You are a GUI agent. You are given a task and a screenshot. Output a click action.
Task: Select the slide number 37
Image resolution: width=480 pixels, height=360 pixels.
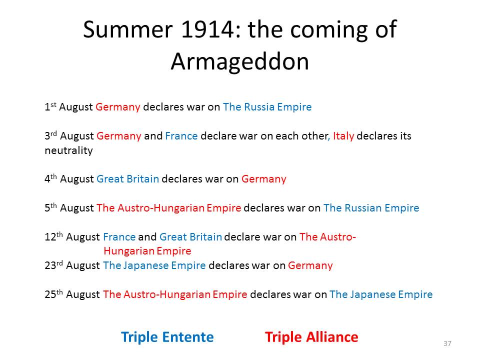click(x=447, y=343)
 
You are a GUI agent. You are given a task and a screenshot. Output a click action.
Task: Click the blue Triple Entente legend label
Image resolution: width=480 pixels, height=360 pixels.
click(x=167, y=337)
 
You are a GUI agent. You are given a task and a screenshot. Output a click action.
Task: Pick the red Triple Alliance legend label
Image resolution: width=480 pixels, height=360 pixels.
click(x=311, y=337)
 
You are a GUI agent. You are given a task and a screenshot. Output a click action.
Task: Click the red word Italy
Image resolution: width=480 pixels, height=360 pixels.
click(x=343, y=135)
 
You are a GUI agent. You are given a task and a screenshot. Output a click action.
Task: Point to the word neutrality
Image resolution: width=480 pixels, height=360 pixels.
click(x=68, y=150)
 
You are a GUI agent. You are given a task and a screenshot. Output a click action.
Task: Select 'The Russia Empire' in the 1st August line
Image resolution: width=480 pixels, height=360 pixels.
click(x=267, y=107)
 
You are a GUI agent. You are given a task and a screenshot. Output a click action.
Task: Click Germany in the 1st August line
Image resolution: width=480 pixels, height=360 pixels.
click(x=118, y=107)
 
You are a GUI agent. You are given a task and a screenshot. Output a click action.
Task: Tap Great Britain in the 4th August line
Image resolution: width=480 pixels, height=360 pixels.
click(x=127, y=179)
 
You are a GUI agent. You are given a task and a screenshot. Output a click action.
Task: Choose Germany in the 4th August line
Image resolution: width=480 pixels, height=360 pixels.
click(x=264, y=179)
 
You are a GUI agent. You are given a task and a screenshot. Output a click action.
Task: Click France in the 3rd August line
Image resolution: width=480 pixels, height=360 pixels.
click(x=181, y=135)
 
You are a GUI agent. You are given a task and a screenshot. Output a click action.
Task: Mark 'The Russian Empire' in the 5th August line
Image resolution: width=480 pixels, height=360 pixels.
click(x=371, y=208)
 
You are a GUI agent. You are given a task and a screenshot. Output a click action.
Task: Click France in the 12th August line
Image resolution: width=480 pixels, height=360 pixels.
click(x=119, y=237)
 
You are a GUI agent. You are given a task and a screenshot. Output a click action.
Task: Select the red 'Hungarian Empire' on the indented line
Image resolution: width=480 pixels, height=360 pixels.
click(x=147, y=251)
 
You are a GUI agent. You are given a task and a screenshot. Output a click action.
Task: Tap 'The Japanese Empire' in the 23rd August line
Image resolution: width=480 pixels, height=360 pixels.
click(x=154, y=265)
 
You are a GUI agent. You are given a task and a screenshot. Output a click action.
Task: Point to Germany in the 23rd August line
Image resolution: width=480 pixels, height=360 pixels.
click(x=310, y=265)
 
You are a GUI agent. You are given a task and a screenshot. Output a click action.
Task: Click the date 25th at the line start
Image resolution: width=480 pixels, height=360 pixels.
click(x=53, y=294)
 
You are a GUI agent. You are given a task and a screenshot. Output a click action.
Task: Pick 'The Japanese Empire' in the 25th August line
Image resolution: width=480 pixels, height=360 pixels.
click(x=381, y=294)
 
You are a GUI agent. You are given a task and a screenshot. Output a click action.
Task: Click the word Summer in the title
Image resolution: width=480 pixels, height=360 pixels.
click(x=127, y=29)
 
